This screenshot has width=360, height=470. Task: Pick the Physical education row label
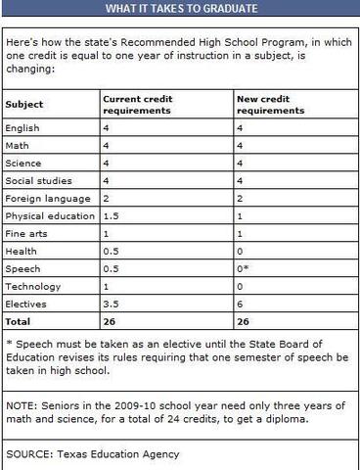point(48,215)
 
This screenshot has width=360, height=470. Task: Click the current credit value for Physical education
point(111,215)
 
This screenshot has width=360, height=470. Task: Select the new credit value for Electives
point(241,304)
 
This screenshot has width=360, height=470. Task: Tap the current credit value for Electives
point(111,304)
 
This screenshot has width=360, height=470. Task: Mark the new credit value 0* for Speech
point(244,268)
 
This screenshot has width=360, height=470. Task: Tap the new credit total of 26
point(245,321)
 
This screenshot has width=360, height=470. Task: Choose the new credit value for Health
point(241,251)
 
